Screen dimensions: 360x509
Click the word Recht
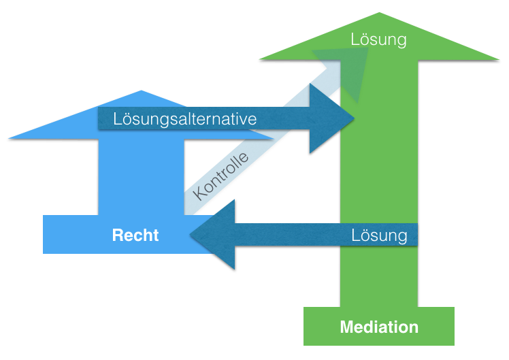135,235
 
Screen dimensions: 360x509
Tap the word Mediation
379,327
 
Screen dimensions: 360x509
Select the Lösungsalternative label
185,119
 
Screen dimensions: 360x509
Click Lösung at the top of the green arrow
378,39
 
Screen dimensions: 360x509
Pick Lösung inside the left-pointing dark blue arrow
379,235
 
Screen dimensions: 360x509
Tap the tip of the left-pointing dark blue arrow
190,235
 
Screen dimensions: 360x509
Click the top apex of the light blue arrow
141,91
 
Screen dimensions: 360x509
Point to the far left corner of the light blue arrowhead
10,138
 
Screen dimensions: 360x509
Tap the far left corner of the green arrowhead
259,59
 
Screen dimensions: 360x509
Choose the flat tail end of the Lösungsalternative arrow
101,119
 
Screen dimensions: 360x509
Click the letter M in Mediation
346,327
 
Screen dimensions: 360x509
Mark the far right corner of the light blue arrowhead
274,138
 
